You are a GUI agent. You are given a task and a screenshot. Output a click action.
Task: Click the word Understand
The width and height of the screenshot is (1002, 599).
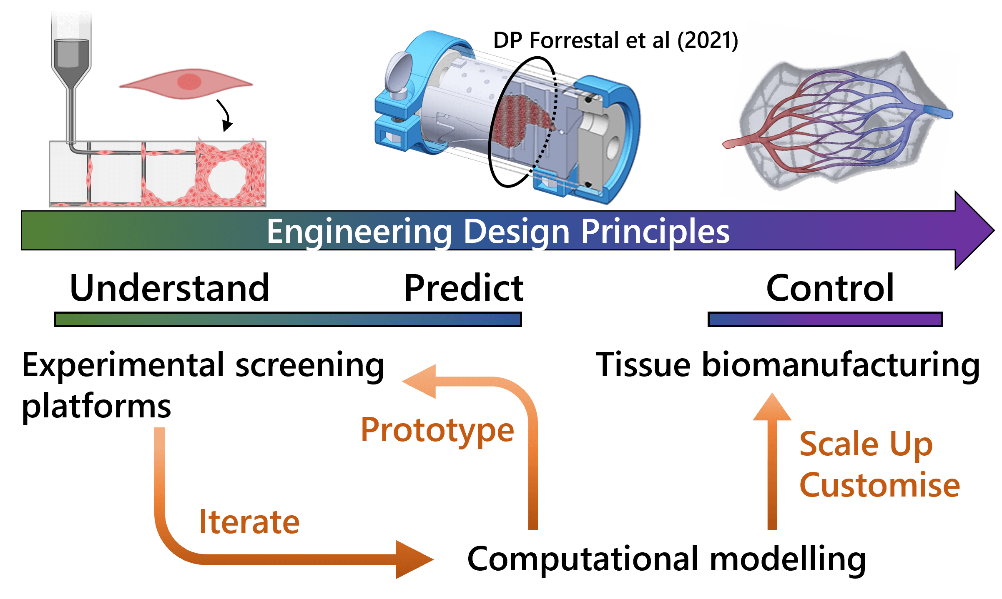[170, 288]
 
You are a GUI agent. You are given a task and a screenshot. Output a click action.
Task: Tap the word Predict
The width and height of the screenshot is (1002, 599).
[464, 288]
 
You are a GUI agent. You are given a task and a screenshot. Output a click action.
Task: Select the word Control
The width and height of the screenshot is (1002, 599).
[830, 288]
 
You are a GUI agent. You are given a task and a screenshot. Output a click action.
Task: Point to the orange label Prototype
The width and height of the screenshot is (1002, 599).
[437, 431]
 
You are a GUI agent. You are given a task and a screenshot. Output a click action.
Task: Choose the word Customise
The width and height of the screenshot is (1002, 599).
[880, 485]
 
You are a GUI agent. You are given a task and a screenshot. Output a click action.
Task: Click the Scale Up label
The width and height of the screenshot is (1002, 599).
[866, 445]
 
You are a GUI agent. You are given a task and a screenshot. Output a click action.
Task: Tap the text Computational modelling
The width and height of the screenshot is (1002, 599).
[666, 559]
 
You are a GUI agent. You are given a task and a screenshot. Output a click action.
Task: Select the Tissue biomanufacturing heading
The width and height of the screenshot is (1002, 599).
[788, 365]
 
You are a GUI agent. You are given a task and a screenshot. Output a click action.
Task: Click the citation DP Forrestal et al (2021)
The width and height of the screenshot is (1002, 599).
[615, 41]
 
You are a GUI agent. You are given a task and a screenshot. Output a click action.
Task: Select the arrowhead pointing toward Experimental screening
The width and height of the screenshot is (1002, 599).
[419, 382]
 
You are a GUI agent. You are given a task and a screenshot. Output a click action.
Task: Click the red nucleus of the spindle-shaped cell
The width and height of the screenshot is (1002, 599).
[189, 82]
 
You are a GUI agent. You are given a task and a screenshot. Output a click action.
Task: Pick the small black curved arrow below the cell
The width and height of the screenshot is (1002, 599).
[225, 115]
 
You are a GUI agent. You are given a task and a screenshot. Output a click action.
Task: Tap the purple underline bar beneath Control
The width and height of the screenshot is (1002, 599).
[825, 319]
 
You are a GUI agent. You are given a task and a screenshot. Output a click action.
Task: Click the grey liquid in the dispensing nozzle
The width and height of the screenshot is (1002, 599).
[71, 53]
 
